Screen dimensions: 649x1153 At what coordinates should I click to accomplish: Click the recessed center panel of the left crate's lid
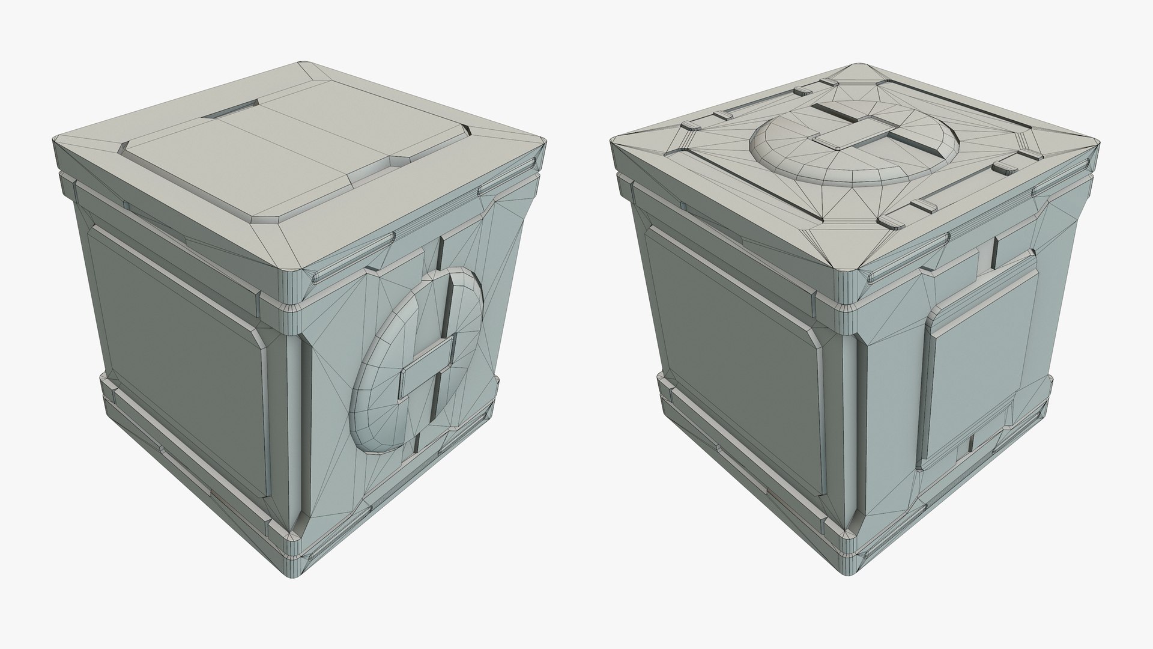(288, 159)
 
